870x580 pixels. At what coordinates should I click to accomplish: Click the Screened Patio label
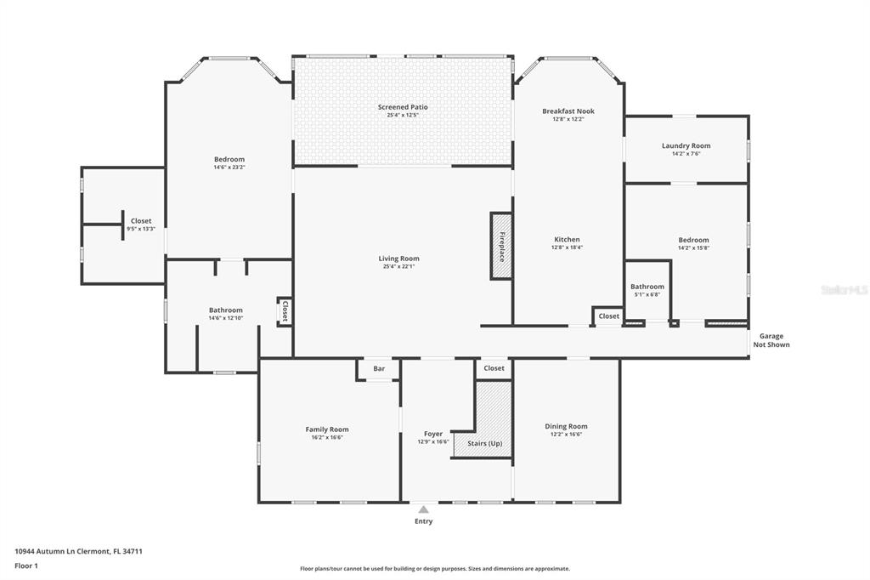(x=403, y=107)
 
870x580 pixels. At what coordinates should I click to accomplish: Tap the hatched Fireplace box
(x=500, y=246)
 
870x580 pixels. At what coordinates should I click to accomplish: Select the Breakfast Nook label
(x=568, y=111)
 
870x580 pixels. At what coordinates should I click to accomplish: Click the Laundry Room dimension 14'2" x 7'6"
(x=686, y=154)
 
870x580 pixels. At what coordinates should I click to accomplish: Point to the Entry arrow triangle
(x=423, y=509)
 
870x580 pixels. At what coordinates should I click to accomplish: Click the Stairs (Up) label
(x=485, y=443)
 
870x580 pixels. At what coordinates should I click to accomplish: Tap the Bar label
(x=379, y=368)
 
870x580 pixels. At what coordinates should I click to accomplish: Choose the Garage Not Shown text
(x=771, y=340)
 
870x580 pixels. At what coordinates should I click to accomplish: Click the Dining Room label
(x=566, y=427)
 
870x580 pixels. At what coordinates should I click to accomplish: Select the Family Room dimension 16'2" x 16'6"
(x=327, y=438)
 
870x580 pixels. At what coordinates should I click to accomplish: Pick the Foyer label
(x=433, y=434)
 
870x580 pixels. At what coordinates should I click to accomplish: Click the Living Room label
(x=399, y=259)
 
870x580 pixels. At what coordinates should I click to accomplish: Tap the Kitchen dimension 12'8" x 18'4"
(x=567, y=247)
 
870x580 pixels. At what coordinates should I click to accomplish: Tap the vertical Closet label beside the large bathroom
(x=285, y=311)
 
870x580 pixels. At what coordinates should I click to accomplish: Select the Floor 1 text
(x=26, y=566)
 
